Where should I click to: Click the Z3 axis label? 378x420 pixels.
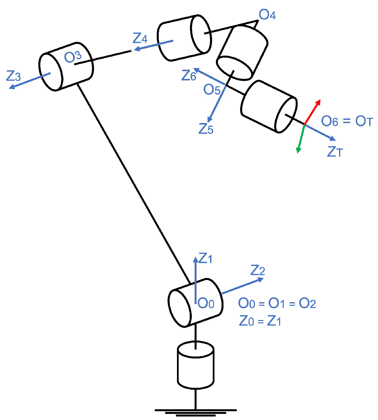pyautogui.click(x=13, y=76)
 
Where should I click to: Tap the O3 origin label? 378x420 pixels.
pyautogui.click(x=73, y=57)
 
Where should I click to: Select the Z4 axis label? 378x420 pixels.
pyautogui.click(x=140, y=38)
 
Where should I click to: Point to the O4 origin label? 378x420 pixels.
pyautogui.click(x=267, y=15)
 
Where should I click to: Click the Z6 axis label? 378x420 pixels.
pyautogui.click(x=189, y=76)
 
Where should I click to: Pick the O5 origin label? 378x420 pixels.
pyautogui.click(x=212, y=90)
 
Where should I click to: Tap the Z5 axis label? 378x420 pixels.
pyautogui.click(x=206, y=129)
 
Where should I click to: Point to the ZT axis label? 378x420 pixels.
pyautogui.click(x=335, y=152)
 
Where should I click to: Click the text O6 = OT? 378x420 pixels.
pyautogui.click(x=347, y=121)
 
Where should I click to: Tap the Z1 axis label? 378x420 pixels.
pyautogui.click(x=205, y=259)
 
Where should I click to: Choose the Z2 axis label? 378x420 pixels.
pyautogui.click(x=258, y=270)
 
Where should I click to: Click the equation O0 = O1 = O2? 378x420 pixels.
pyautogui.click(x=277, y=303)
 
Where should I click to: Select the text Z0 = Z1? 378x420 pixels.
pyautogui.click(x=260, y=321)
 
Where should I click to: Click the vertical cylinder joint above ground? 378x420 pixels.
pyautogui.click(x=196, y=365)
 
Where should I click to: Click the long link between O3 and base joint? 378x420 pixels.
pyautogui.click(x=133, y=183)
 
